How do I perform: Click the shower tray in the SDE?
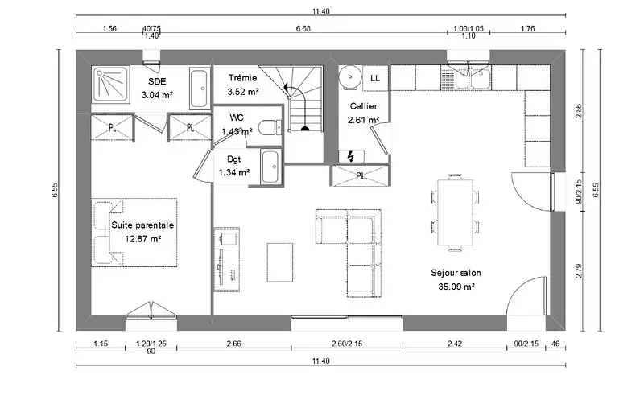(112, 84)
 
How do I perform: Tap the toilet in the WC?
(270, 127)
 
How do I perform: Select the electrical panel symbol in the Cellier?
(351, 156)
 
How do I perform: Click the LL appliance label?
(375, 78)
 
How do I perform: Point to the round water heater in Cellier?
(350, 76)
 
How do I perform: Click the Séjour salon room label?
(456, 273)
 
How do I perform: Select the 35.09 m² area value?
(456, 287)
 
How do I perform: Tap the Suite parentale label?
(142, 225)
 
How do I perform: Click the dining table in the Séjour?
(456, 212)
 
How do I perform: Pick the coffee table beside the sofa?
(280, 262)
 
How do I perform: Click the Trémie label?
(243, 77)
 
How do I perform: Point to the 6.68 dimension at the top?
(303, 28)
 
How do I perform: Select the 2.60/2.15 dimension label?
(347, 343)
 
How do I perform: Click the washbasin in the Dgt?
(270, 167)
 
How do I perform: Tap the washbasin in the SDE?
(200, 89)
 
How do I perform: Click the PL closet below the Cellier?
(360, 175)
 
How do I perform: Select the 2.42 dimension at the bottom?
(454, 343)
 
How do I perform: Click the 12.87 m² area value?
(142, 238)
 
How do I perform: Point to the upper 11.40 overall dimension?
(320, 11)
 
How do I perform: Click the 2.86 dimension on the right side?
(578, 111)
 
